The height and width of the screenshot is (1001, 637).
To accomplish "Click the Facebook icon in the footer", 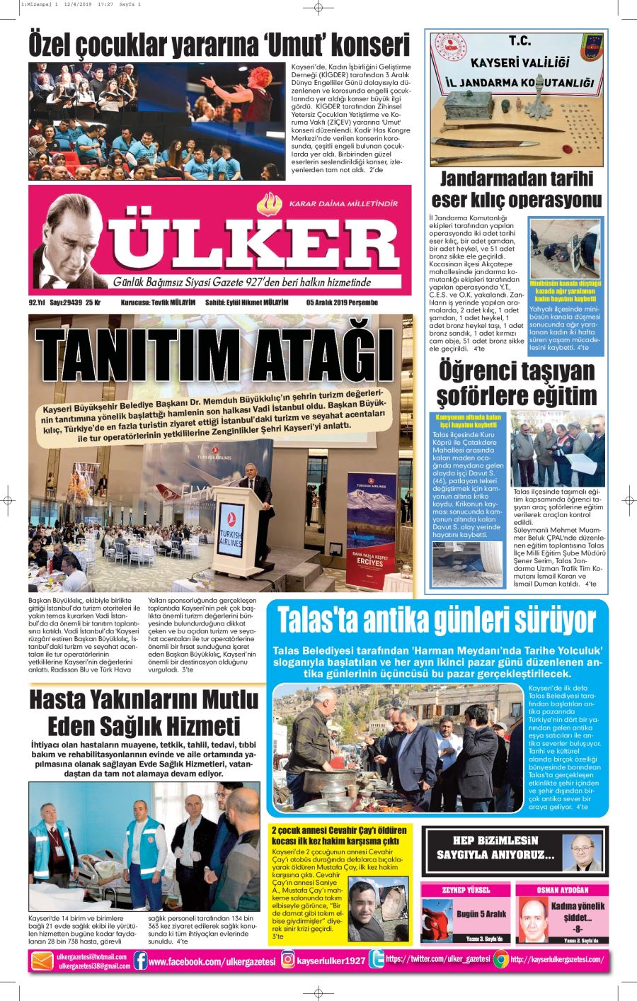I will (140, 960).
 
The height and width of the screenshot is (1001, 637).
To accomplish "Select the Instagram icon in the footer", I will (288, 960).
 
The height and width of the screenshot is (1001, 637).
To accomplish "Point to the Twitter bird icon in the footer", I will (377, 960).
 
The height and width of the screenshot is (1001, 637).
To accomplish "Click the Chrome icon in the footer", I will (500, 960).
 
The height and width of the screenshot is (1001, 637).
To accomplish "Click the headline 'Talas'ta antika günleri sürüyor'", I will (437, 621).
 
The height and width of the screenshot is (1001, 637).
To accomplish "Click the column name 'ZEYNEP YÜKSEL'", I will (466, 890).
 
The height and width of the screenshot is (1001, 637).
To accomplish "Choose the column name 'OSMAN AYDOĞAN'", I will (563, 890).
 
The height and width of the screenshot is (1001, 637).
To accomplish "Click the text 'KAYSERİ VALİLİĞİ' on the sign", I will (519, 63).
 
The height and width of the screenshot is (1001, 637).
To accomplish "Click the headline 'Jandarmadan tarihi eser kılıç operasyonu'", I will (517, 188).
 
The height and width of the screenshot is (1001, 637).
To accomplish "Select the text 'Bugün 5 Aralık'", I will (481, 914).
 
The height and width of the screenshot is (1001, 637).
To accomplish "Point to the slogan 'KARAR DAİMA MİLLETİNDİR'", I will (343, 204).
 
